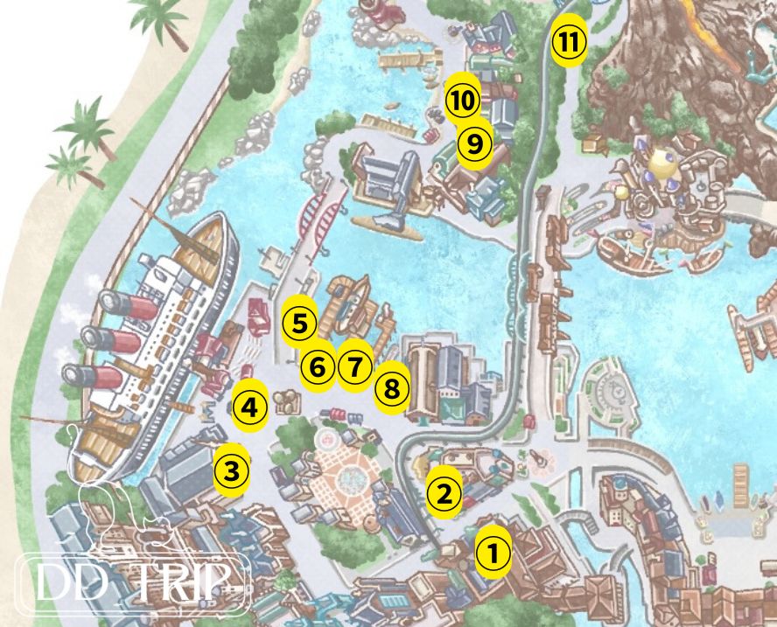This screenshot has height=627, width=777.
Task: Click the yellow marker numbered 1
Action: click(493, 553)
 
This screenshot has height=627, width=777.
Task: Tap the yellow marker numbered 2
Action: click(444, 495)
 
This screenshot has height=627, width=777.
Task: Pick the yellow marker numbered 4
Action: click(249, 407)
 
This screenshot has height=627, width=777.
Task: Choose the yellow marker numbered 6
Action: click(318, 367)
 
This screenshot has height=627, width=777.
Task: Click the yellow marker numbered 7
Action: click(353, 366)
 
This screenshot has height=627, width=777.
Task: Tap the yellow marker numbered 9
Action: click(474, 143)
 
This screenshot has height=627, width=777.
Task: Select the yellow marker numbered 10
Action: click(463, 101)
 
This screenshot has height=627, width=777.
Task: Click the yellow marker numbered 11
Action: click(568, 41)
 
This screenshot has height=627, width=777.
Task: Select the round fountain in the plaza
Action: click(345, 477)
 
